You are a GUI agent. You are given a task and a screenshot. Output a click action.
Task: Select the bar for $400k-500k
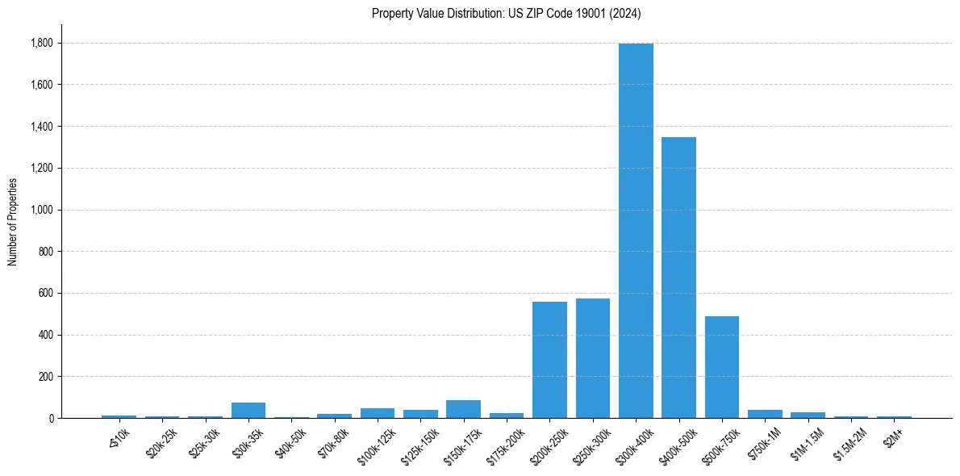(678, 278)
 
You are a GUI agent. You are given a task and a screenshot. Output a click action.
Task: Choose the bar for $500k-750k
(722, 367)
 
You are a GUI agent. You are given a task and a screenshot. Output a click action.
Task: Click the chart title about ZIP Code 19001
(507, 13)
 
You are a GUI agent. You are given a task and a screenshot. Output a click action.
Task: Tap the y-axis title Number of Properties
(13, 221)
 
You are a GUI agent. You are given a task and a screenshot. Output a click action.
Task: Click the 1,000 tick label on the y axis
(42, 210)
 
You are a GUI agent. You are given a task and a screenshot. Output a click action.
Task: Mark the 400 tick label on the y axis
(46, 335)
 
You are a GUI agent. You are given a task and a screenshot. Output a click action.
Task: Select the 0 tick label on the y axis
(51, 419)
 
